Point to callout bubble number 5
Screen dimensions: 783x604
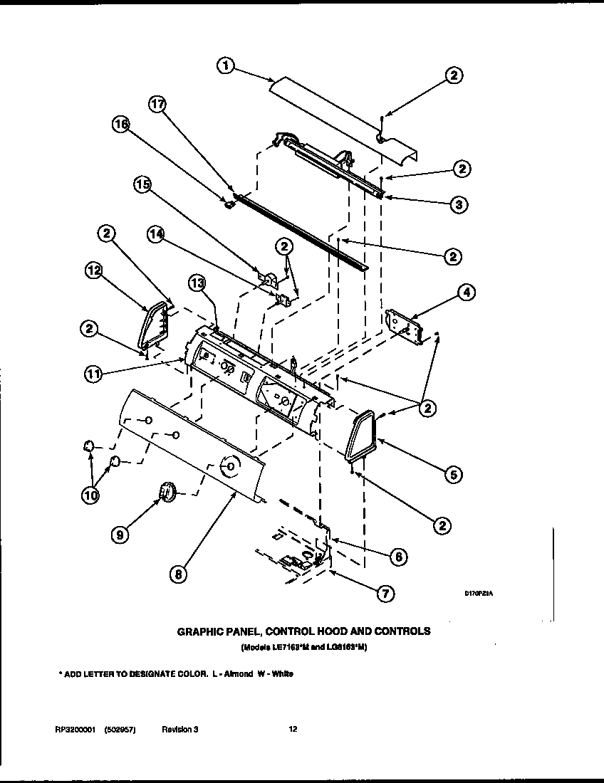(x=452, y=474)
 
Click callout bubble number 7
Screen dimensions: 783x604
(x=385, y=593)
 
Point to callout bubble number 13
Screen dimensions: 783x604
(x=198, y=283)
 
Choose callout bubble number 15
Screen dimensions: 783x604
(x=143, y=185)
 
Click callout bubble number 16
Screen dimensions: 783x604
(x=122, y=125)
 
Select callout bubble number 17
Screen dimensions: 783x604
(x=157, y=104)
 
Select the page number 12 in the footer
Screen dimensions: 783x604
(x=293, y=729)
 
